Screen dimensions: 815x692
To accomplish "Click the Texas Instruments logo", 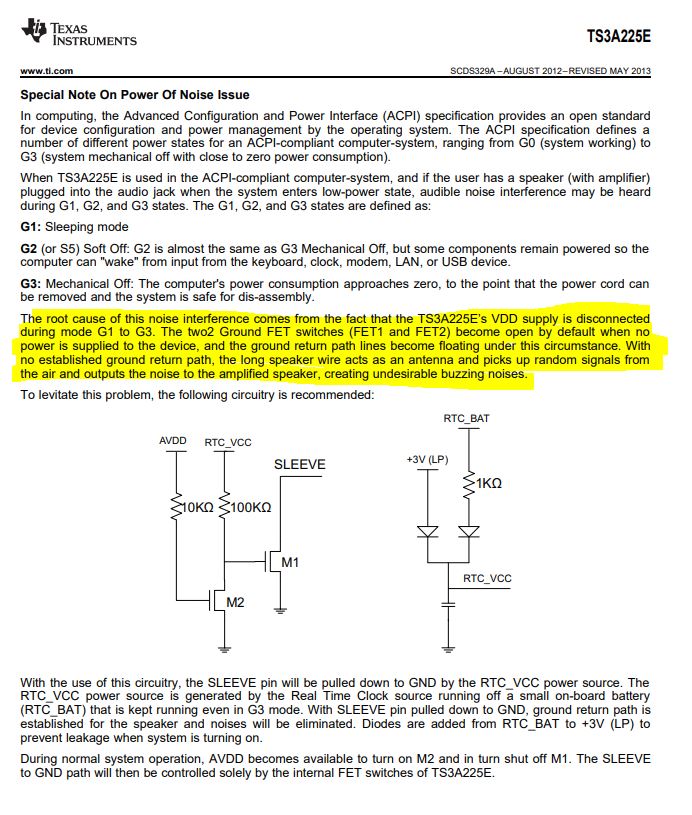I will coord(78,33).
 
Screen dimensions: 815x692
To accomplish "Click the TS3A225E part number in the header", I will coord(618,37).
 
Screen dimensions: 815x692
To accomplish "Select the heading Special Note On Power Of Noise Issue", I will coord(135,95).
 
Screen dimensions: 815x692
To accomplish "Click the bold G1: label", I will coord(32,227).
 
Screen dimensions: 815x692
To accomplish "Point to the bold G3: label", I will coord(32,283).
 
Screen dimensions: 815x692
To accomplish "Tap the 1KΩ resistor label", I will coord(489,483).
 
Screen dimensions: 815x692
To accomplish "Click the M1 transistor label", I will coord(290,563).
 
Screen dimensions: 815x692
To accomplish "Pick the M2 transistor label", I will coord(235,602).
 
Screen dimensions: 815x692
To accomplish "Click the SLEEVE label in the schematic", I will coord(299,465).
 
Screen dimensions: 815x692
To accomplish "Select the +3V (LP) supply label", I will coord(427,458).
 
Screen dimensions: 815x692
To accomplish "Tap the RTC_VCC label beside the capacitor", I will coord(487,578).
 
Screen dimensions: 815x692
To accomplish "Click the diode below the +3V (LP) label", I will coord(428,532).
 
